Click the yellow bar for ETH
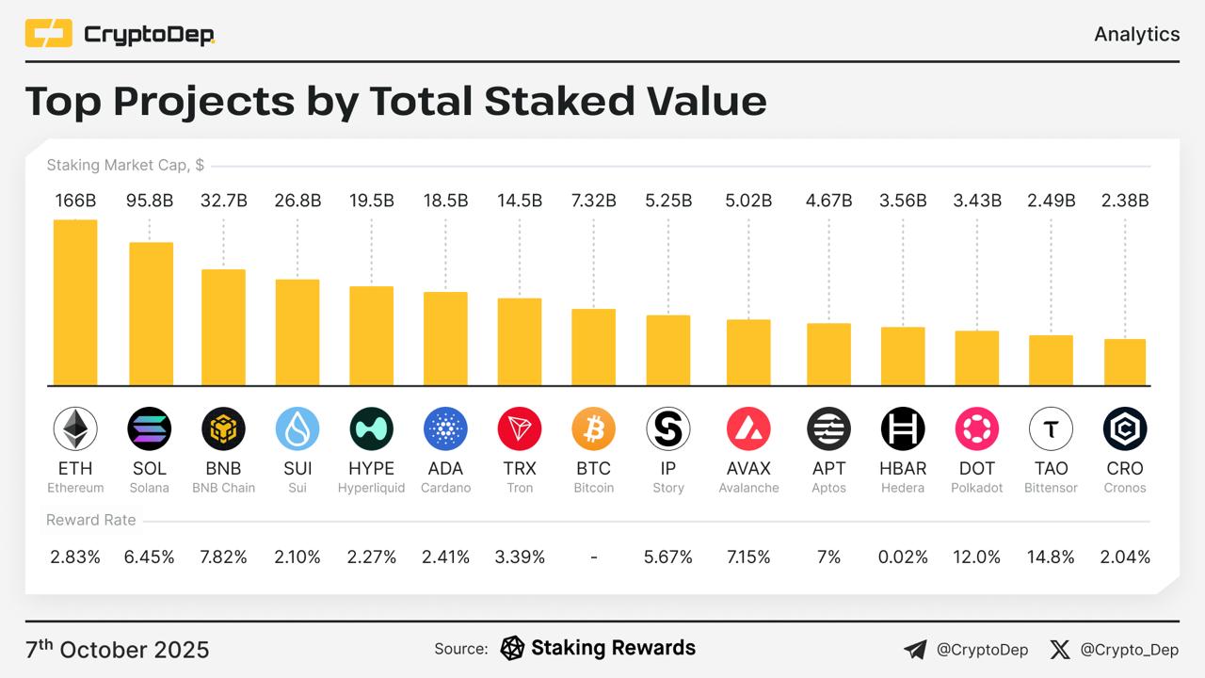[75, 302]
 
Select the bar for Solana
[151, 314]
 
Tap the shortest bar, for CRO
[1125, 362]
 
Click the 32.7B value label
[224, 201]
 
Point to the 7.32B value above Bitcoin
[594, 201]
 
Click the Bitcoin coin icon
[594, 429]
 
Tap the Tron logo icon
[520, 429]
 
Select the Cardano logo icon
[445, 429]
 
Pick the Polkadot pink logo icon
[977, 429]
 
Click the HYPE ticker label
[372, 468]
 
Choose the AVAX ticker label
[748, 468]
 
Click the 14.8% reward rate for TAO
[1051, 557]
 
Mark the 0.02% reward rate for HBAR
[903, 557]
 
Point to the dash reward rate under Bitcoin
[594, 557]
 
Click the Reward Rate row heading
[91, 520]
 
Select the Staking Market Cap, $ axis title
[125, 166]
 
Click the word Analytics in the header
[1136, 34]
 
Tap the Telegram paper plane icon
[914, 649]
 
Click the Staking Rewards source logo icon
[512, 648]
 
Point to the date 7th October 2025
[118, 650]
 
